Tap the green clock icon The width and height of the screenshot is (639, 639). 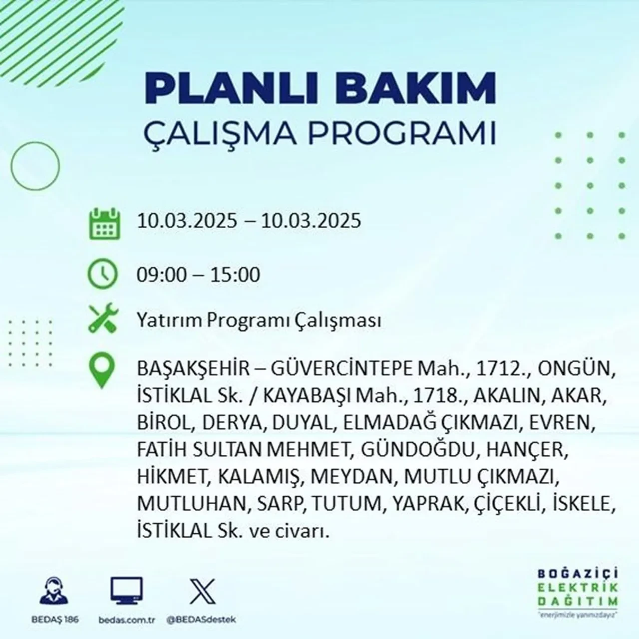point(102,274)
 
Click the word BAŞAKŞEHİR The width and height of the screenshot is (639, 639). point(192,369)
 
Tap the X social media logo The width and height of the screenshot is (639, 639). point(202,591)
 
